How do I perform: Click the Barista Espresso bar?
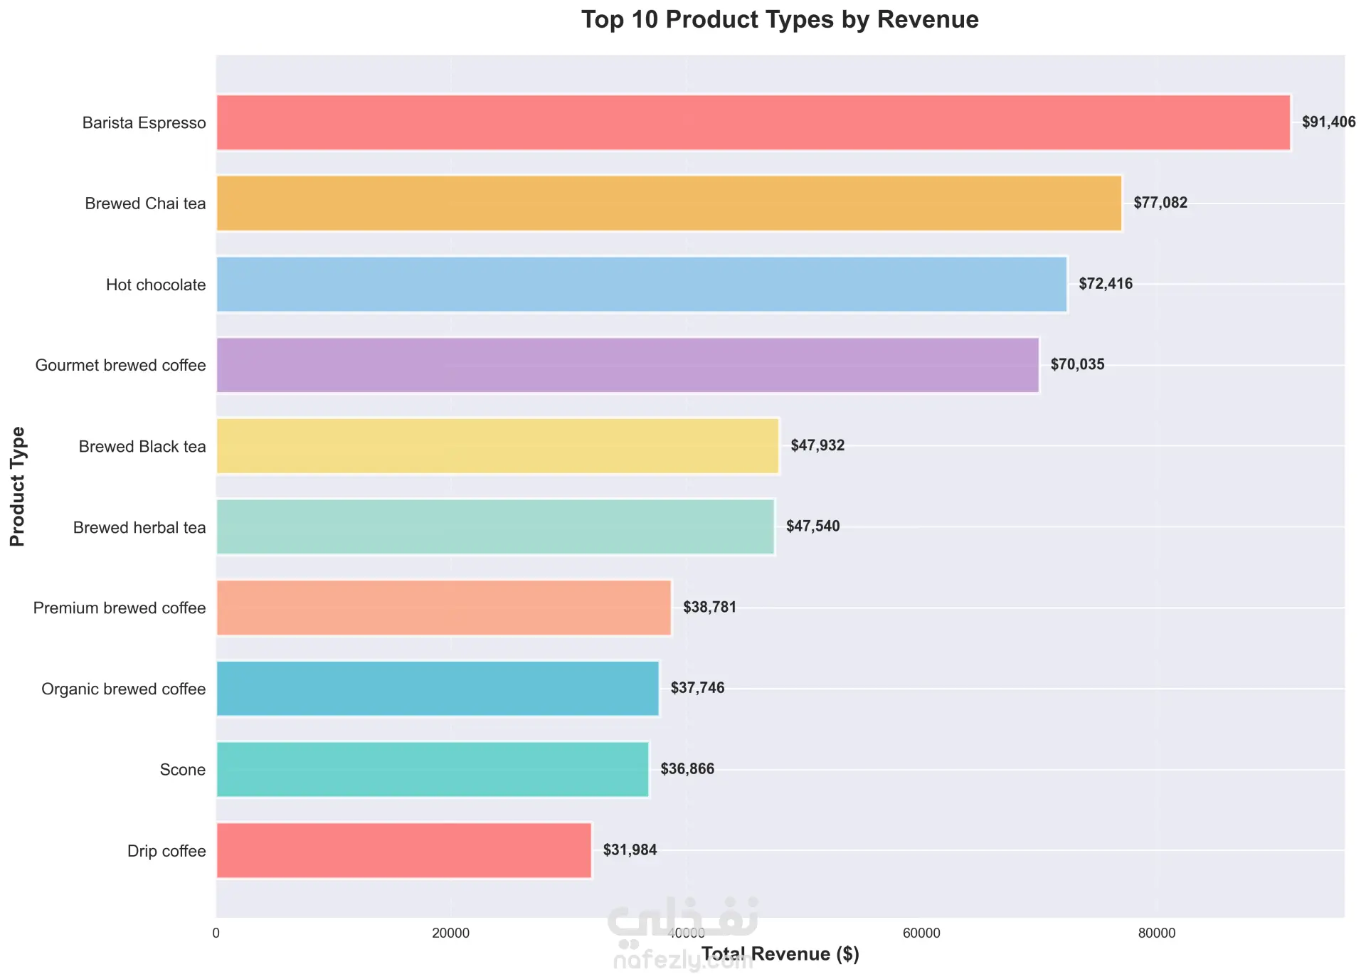coord(753,122)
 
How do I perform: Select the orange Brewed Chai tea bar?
coord(669,203)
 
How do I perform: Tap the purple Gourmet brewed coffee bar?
coord(628,365)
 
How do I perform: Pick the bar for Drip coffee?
coord(403,850)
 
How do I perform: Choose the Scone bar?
coord(433,769)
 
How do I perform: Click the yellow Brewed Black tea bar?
coord(497,446)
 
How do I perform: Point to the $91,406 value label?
coord(1328,122)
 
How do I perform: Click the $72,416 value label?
coord(1105,284)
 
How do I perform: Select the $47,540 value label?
coord(812,526)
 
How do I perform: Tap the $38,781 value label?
coord(709,608)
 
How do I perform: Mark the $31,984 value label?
coord(630,850)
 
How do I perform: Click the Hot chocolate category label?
coord(156,285)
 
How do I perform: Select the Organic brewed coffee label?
coord(123,689)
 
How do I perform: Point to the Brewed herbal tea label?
coord(139,528)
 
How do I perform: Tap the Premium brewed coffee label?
coord(120,608)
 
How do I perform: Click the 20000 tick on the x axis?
coord(451,933)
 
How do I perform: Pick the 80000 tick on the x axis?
coord(1156,933)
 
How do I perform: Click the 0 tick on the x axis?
coord(216,933)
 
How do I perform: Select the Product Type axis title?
coord(18,486)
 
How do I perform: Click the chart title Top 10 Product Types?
coord(780,20)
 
